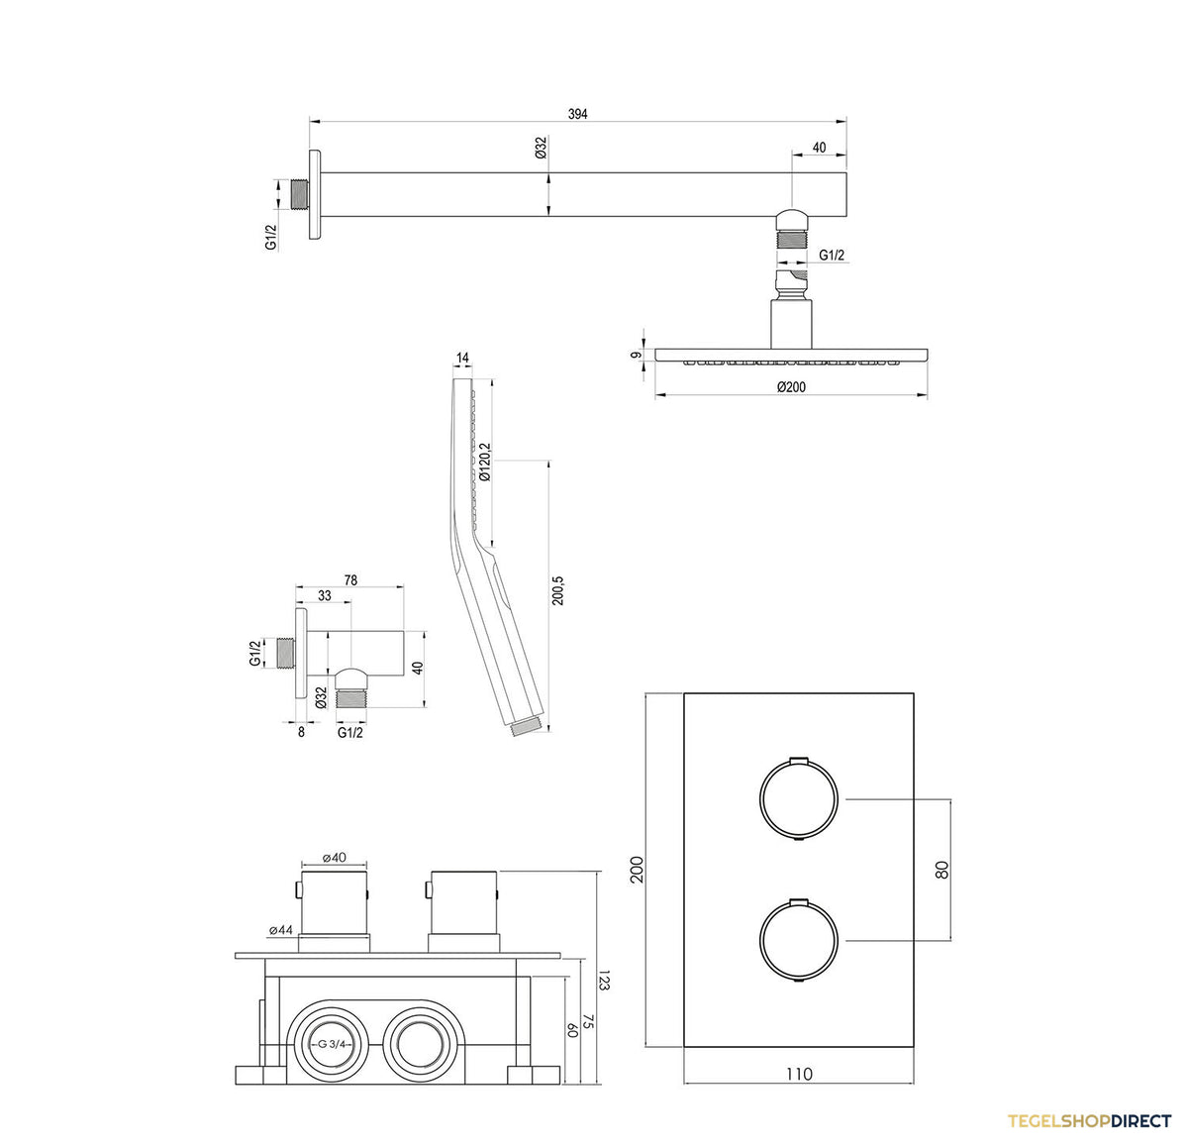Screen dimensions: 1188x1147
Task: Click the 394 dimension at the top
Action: [577, 114]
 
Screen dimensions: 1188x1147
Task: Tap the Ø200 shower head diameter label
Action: [791, 386]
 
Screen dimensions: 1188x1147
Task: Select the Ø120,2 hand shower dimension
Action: [485, 462]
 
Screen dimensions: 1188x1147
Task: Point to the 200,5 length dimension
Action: [557, 590]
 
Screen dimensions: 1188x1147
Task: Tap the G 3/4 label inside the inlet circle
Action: [334, 1044]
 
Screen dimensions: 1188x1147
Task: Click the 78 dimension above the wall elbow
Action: [350, 579]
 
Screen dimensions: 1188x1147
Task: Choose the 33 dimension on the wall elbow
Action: [324, 595]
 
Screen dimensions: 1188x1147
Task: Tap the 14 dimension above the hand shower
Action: [462, 358]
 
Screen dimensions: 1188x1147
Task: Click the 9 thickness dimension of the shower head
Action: [637, 356]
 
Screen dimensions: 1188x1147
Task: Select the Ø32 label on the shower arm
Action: [541, 149]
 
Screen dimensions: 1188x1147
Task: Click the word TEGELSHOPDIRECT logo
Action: [1088, 1121]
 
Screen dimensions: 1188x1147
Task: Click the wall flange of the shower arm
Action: [315, 194]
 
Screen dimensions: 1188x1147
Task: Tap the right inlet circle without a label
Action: [420, 1043]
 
